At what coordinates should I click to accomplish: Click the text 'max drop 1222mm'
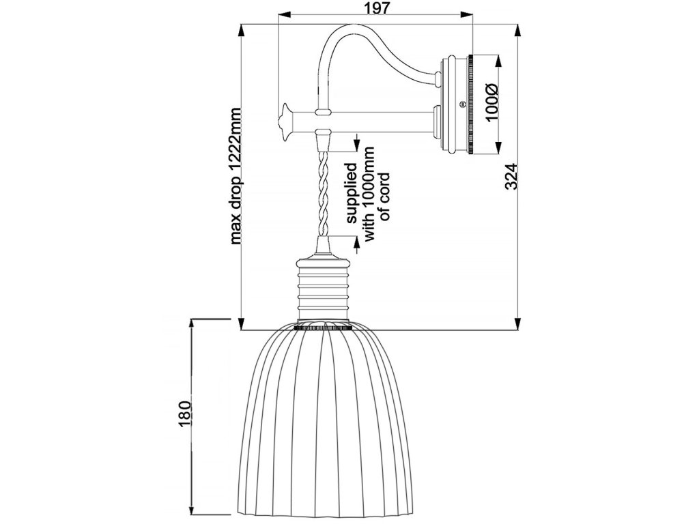(x=236, y=175)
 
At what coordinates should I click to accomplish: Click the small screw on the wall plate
(x=463, y=104)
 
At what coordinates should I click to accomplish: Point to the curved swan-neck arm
(x=355, y=48)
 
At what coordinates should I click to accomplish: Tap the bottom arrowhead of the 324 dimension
(x=519, y=323)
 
